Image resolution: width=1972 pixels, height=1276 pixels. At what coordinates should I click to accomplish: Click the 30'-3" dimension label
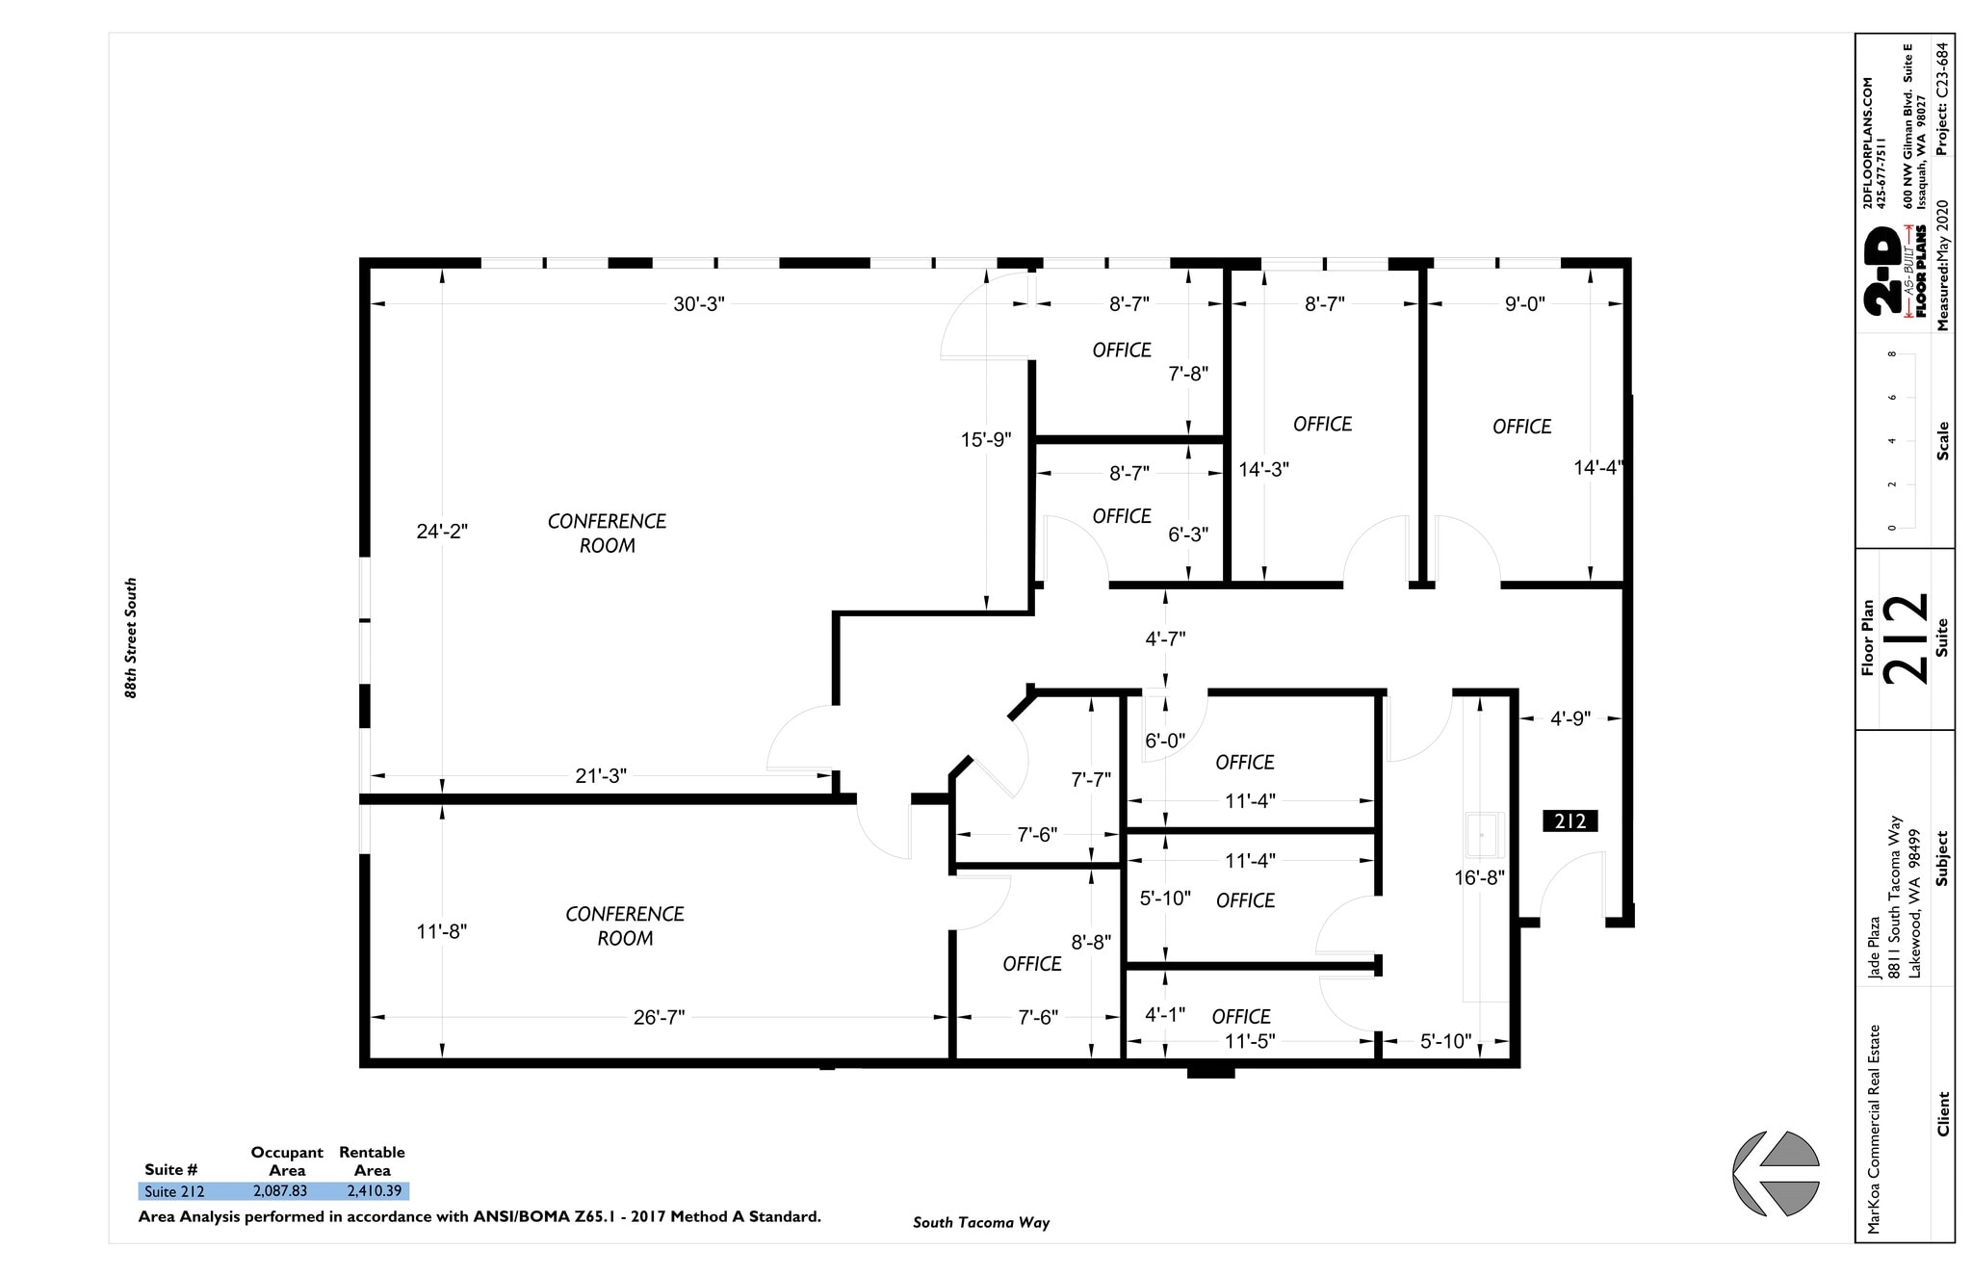point(698,304)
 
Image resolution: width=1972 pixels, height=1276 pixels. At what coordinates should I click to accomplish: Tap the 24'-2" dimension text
point(442,532)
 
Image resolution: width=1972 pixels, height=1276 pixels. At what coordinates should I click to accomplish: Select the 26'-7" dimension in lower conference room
point(659,1018)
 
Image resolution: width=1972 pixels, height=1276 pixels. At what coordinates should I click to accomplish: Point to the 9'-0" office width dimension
point(1524,304)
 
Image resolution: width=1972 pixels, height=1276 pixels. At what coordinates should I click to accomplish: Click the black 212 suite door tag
point(1570,821)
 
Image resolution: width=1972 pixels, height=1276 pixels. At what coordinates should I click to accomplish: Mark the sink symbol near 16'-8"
point(1484,835)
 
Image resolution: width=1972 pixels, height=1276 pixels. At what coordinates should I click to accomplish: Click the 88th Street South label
point(131,638)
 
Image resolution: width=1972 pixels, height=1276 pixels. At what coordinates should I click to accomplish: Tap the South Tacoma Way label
point(980,1223)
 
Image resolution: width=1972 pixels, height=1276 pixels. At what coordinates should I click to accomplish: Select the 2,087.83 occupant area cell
point(280,1191)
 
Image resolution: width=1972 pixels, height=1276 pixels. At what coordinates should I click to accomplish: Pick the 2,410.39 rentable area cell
point(374,1191)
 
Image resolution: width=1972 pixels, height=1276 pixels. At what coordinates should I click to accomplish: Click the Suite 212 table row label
point(174,1192)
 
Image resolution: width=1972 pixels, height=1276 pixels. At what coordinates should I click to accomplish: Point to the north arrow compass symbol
point(1777,1173)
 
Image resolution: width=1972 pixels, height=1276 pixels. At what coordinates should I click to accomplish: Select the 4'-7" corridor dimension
point(1165,638)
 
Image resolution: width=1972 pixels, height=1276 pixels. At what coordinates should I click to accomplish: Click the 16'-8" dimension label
point(1479,878)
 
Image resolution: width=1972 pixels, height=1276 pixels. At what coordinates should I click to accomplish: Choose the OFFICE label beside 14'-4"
point(1521,427)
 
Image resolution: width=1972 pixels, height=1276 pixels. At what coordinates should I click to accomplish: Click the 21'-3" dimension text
point(601,776)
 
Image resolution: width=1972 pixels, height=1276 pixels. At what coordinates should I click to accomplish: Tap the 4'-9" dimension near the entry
point(1570,718)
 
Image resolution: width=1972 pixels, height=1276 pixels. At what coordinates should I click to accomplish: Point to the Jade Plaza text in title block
point(1874,947)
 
